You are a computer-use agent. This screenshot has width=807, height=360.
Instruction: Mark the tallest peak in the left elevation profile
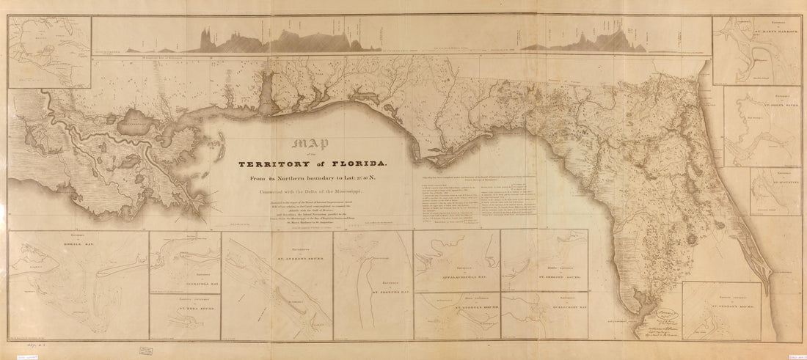click(x=206, y=32)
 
